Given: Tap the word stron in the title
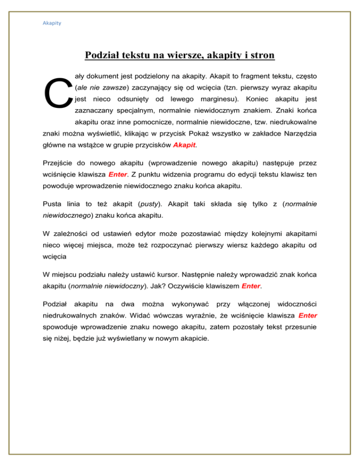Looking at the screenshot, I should pos(262,56).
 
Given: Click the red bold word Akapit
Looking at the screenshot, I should pos(184,145).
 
